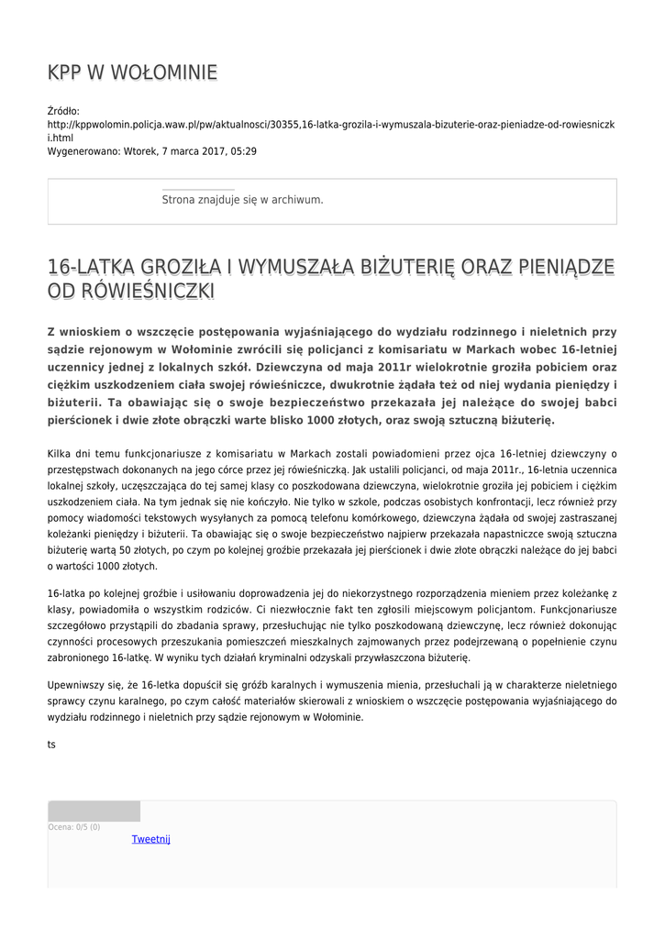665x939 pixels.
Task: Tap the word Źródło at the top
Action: (x=63, y=111)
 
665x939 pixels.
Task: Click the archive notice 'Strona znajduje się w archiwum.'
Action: (x=242, y=199)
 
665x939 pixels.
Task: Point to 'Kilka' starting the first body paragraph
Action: (x=60, y=453)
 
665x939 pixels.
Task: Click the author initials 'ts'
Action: (x=51, y=745)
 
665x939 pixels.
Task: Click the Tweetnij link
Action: (x=150, y=839)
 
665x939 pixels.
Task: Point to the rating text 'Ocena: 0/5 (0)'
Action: (x=74, y=827)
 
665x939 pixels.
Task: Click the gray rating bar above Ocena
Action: (x=94, y=811)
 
